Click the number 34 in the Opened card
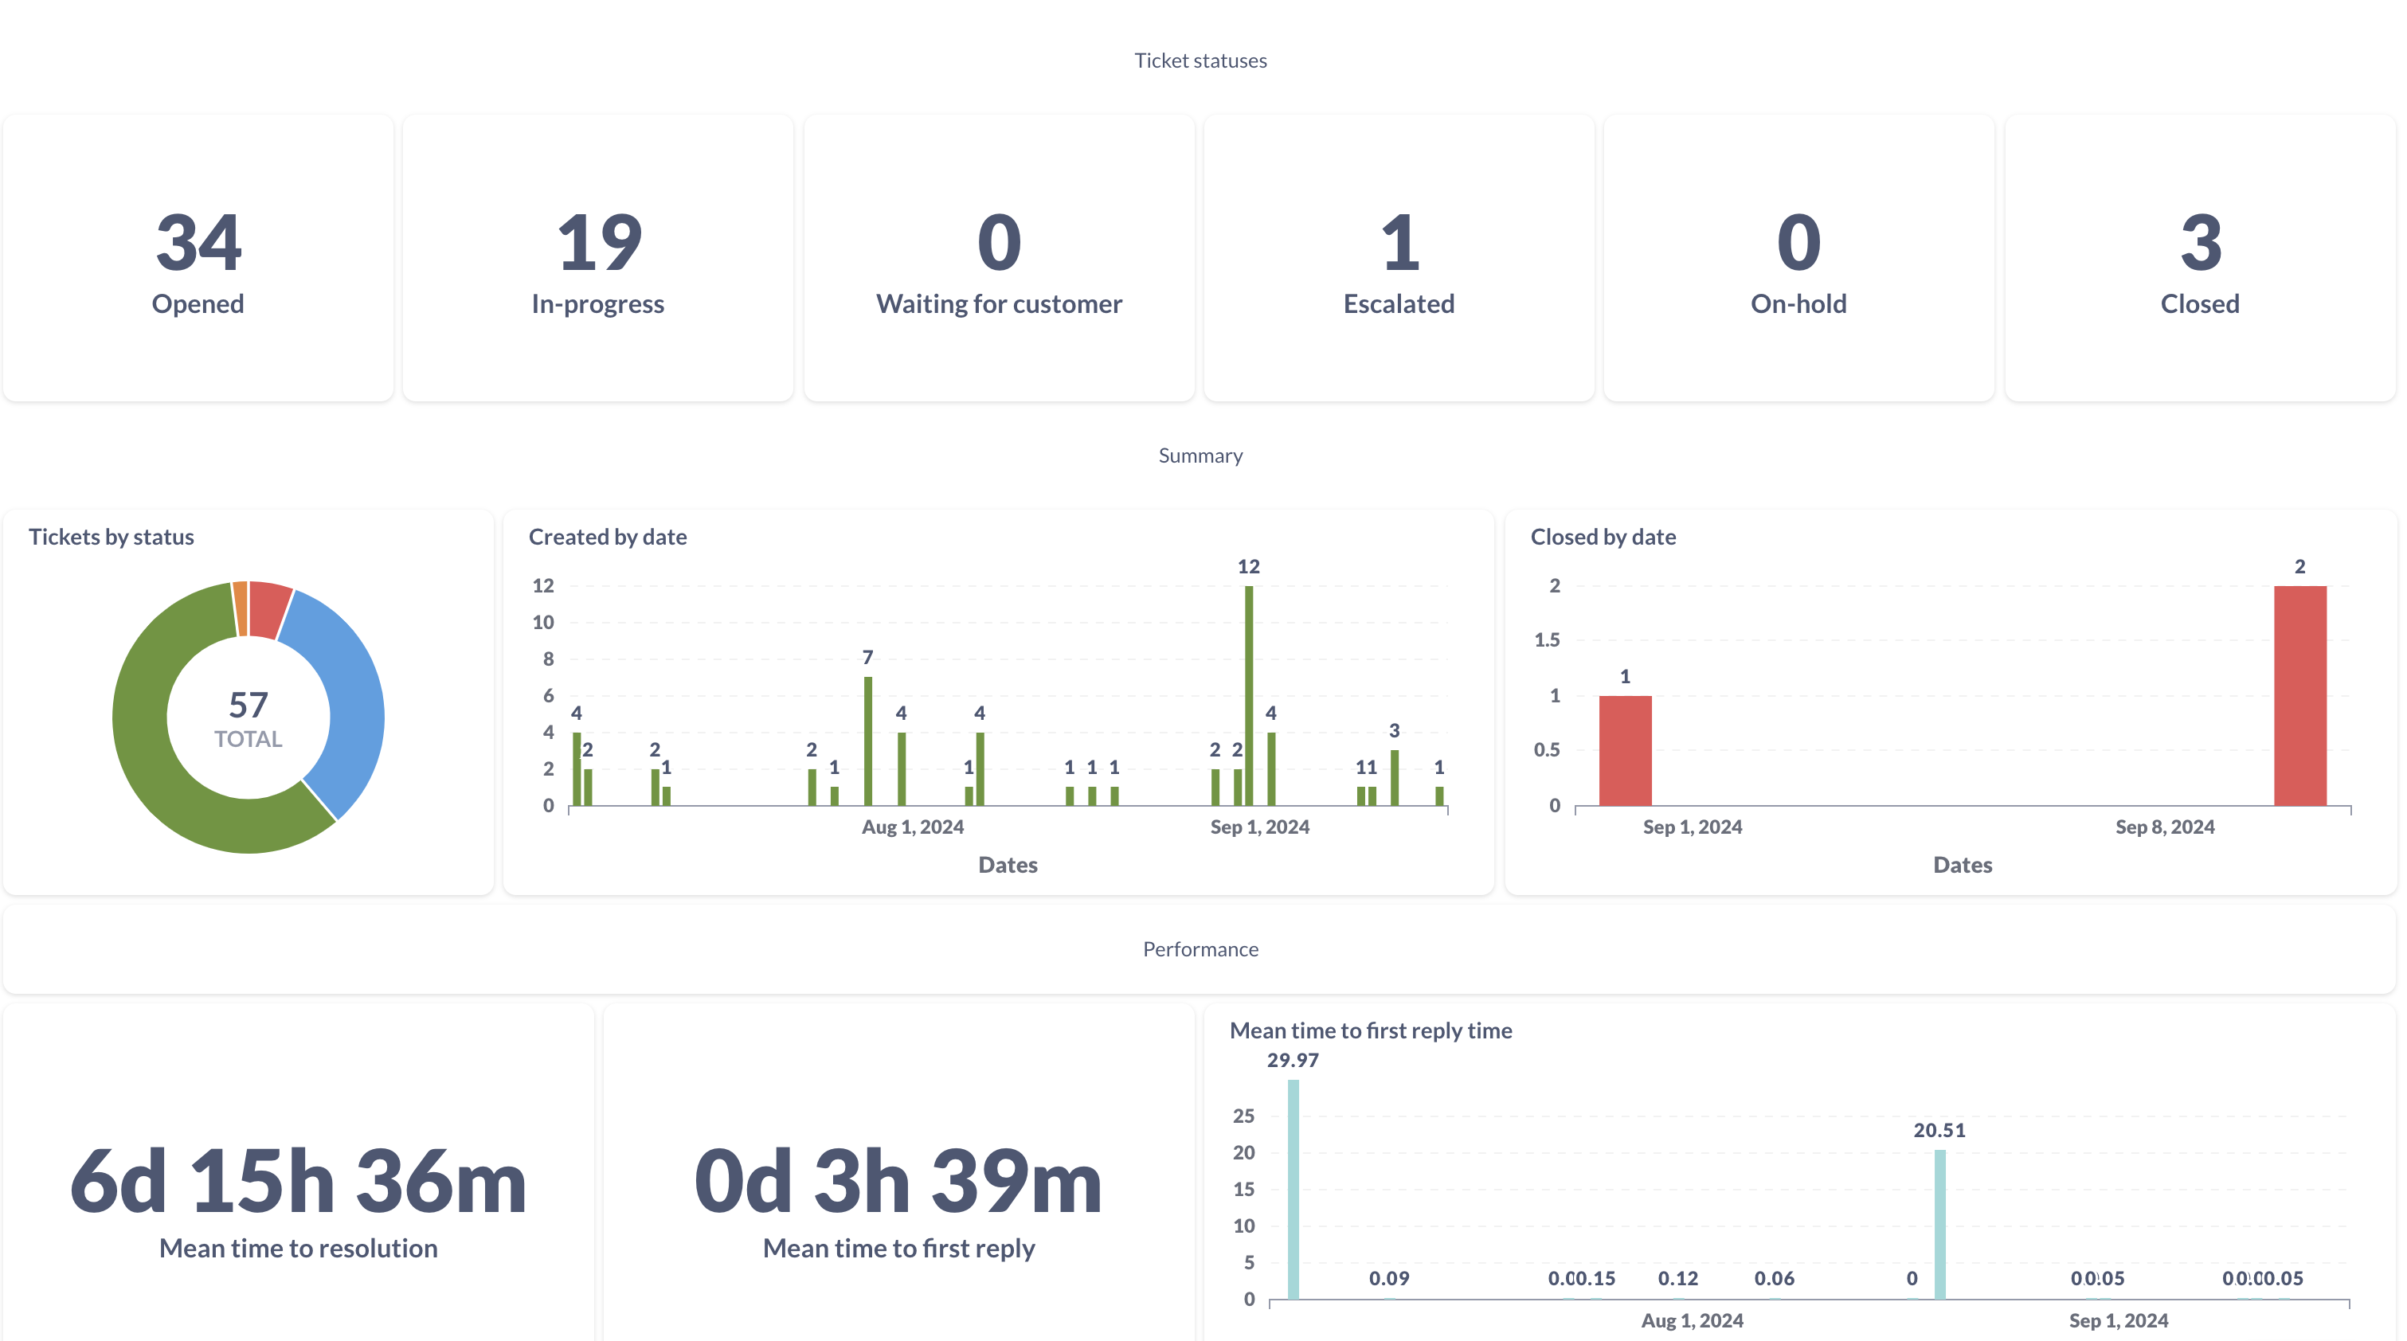(198, 242)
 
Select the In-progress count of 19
(599, 242)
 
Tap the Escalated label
(1399, 303)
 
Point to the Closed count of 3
(2201, 242)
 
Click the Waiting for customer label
(999, 303)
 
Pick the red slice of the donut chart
(270, 608)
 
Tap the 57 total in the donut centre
(249, 705)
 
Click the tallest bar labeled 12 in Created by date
(1248, 695)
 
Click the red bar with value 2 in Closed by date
(2299, 695)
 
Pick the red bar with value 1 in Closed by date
(1625, 750)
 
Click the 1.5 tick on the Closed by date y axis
(1548, 640)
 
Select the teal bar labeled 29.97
(1294, 1189)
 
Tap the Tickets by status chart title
(112, 537)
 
